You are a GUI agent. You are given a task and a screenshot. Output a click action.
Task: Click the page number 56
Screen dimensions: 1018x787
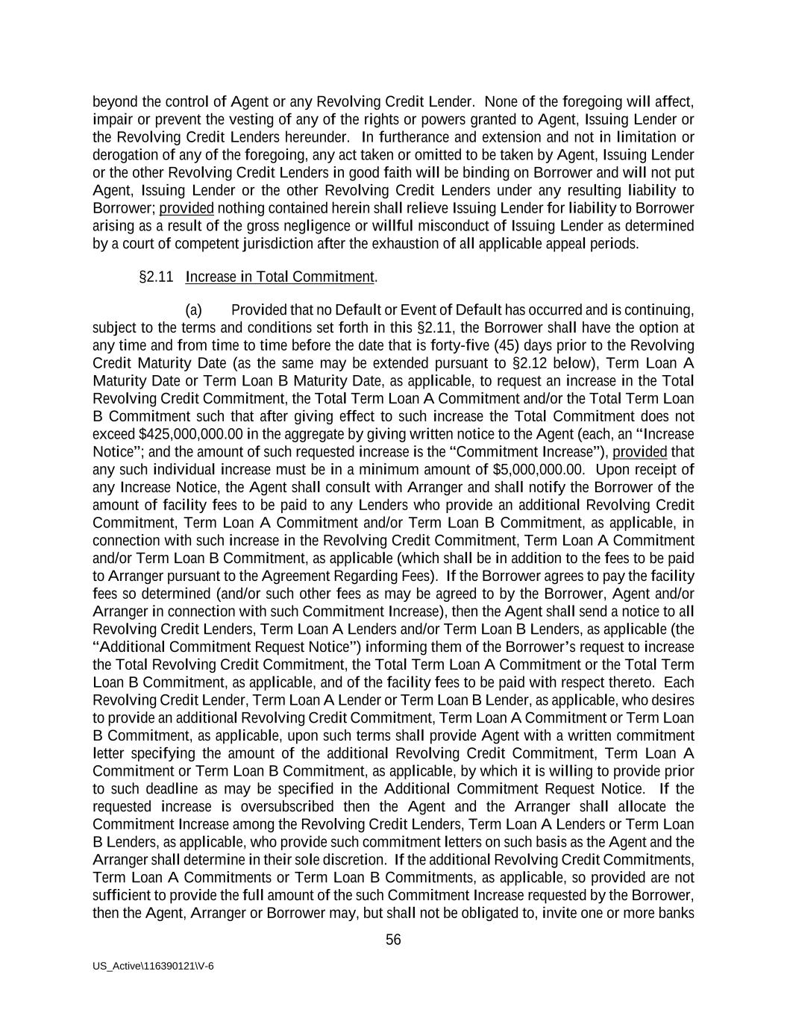[x=393, y=940]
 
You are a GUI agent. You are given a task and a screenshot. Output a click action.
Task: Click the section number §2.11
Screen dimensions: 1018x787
[x=156, y=277]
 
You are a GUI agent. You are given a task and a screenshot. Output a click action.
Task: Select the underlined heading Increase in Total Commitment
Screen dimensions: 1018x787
[x=280, y=277]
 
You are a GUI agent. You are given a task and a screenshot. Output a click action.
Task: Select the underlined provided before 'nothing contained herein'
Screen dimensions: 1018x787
[x=186, y=208]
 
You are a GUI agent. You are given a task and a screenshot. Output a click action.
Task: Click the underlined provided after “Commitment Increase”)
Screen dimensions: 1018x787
[x=639, y=452]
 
